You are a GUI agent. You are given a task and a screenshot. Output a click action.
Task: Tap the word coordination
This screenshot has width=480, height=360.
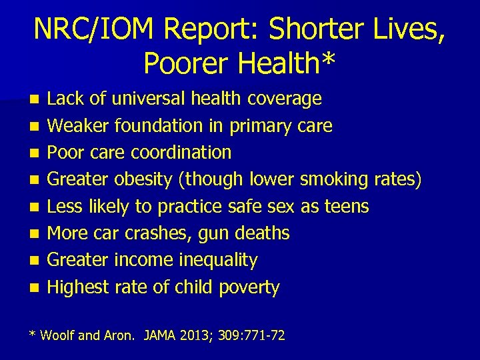[x=181, y=153]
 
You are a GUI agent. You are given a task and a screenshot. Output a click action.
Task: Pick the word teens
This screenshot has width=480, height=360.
[x=346, y=207]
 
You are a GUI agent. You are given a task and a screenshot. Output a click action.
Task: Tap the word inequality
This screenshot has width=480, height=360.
[x=214, y=261]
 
